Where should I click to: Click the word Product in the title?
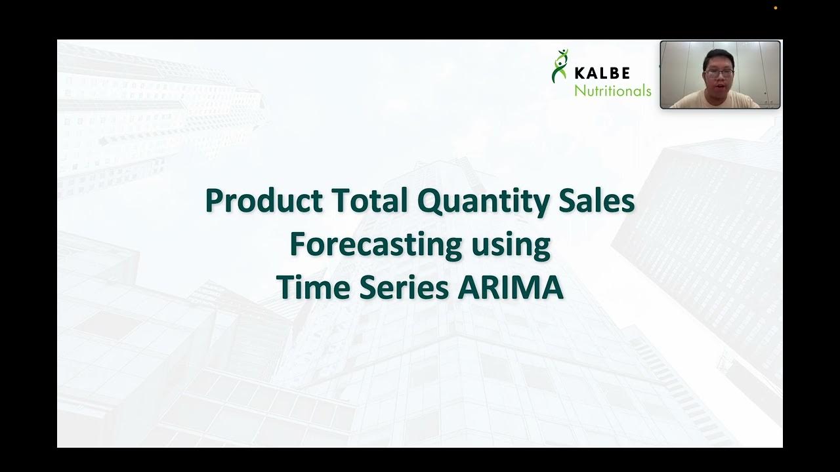(263, 201)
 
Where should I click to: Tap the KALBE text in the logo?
(611, 73)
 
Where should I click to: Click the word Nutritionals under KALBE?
(612, 90)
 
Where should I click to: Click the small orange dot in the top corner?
(775, 8)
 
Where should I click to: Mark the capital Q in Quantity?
(429, 201)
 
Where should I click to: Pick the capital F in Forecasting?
(298, 245)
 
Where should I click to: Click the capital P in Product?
(215, 201)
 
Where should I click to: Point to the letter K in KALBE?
(581, 73)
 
